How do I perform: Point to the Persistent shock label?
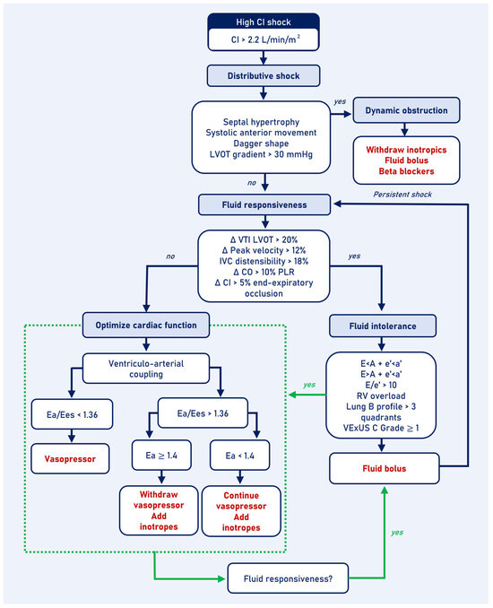click(x=411, y=193)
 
